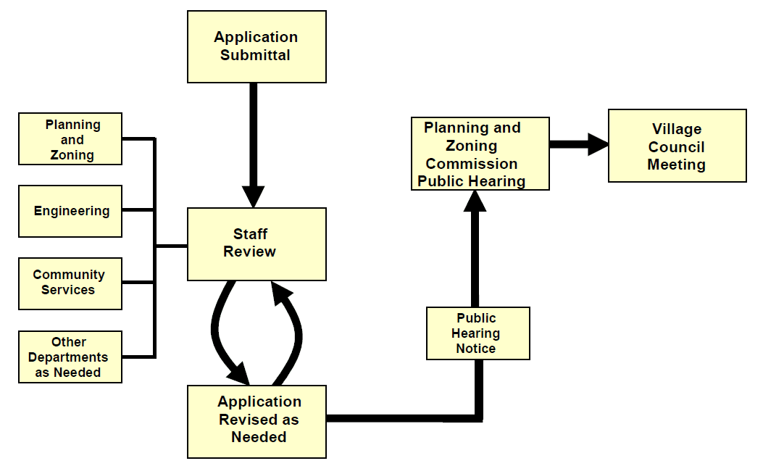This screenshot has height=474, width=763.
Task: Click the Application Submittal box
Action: [x=257, y=46]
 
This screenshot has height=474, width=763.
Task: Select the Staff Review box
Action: [x=257, y=244]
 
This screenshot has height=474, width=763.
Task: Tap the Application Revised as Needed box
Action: [x=257, y=421]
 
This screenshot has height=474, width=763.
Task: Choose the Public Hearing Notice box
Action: [x=478, y=333]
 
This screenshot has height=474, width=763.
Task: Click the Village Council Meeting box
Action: [x=677, y=146]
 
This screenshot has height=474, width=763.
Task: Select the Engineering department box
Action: [x=70, y=211]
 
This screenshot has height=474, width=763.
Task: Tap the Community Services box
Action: [x=70, y=283]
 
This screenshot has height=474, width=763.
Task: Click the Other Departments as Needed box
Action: [x=70, y=357]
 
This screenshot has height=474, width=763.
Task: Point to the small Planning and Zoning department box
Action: [x=70, y=139]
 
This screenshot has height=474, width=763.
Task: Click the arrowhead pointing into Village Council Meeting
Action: [x=597, y=144]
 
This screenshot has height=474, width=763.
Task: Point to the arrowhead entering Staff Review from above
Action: [x=253, y=196]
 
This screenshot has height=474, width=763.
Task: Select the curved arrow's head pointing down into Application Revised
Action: [x=238, y=374]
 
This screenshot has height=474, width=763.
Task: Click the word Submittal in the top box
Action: [x=256, y=55]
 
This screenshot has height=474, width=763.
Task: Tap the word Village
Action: [x=677, y=129]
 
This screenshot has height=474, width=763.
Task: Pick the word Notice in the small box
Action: [x=476, y=349]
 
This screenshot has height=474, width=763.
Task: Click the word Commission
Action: [x=472, y=164]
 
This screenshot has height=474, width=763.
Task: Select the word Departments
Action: [x=68, y=357]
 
